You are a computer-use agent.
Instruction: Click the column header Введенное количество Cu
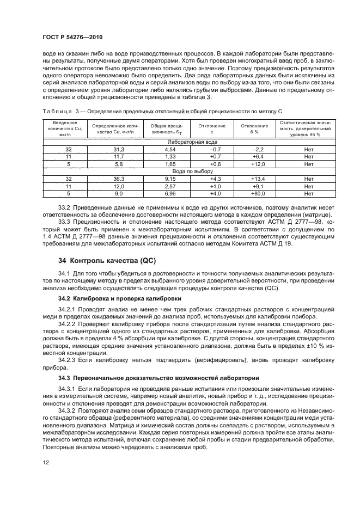tap(68, 128)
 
